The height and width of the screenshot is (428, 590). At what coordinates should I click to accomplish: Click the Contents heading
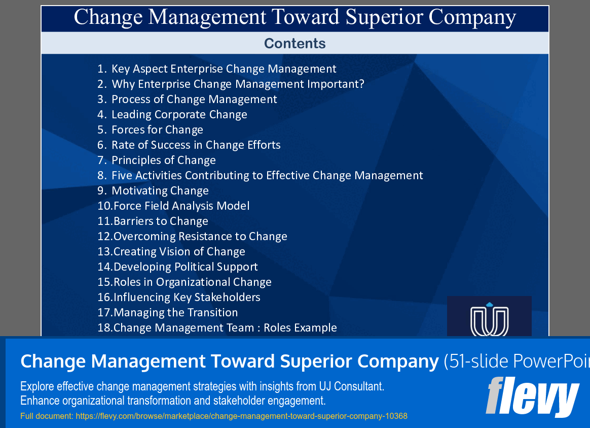[x=294, y=44]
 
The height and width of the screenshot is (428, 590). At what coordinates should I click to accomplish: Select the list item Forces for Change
[x=157, y=130]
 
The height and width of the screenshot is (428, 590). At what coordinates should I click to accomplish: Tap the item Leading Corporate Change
[x=179, y=115]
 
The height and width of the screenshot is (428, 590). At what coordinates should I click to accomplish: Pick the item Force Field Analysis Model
[x=181, y=206]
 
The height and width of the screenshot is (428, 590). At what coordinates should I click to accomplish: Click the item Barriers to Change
[x=161, y=221]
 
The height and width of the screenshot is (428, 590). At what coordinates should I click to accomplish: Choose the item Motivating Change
[x=160, y=191]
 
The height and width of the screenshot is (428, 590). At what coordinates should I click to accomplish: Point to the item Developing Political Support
[x=186, y=267]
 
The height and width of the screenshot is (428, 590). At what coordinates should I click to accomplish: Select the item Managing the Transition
[x=175, y=313]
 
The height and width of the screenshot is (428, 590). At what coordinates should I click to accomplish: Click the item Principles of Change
[x=163, y=160]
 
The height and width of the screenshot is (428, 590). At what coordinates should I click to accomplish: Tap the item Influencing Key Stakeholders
[x=187, y=298]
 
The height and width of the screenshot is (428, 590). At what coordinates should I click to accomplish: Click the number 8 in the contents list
[x=101, y=176]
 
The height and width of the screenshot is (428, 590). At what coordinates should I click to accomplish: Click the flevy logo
[x=532, y=397]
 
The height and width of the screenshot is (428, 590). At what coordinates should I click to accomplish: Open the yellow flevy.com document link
[x=241, y=416]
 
